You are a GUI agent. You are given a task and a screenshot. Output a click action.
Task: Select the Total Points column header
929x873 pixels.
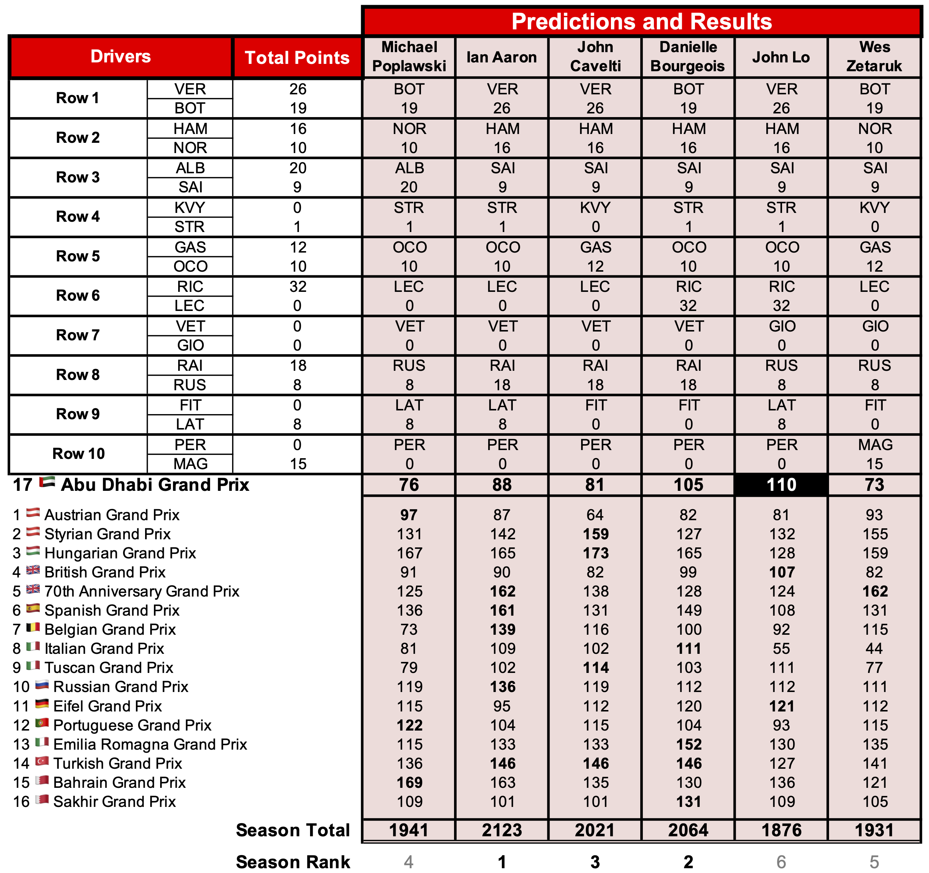coord(297,57)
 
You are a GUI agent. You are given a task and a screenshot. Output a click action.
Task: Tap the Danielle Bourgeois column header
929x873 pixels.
coord(688,57)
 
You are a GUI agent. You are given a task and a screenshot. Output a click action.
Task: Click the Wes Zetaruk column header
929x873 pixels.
coord(874,57)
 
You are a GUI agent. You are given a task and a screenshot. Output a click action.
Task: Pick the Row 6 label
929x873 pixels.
coord(78,296)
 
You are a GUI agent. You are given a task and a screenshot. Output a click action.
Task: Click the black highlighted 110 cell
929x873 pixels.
coord(781,485)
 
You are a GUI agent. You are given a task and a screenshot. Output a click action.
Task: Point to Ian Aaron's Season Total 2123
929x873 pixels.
coord(502,830)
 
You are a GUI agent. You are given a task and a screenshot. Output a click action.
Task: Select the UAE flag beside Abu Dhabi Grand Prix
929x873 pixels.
coord(47,482)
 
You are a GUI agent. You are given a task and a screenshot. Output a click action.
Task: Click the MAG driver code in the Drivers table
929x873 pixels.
coord(190,464)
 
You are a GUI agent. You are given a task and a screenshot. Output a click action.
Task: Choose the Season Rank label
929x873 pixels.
coord(293,862)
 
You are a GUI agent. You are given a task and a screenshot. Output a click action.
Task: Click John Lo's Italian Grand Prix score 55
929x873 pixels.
coord(781,648)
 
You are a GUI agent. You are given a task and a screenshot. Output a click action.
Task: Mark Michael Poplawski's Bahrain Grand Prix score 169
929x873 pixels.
coord(409,782)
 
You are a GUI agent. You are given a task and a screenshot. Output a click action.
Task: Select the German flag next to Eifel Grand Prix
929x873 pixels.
coord(42,704)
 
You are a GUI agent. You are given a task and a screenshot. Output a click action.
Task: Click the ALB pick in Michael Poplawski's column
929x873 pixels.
coord(409,168)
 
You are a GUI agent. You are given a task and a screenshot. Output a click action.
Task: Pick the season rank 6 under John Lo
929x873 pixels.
coord(781,862)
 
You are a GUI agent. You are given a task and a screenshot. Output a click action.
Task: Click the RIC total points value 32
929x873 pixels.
coord(298,286)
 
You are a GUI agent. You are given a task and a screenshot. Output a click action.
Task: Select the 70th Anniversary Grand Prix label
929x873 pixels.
coord(141,591)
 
